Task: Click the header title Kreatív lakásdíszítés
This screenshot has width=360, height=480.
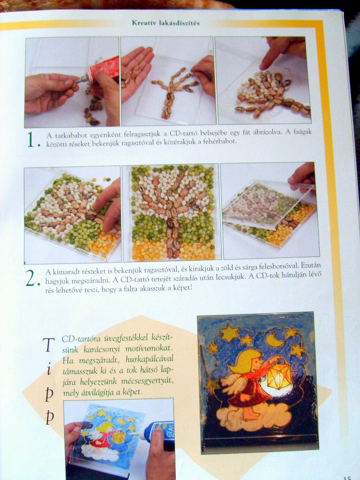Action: [x=165, y=22]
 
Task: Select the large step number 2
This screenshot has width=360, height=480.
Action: [x=32, y=278]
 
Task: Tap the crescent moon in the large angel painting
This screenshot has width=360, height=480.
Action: [x=274, y=340]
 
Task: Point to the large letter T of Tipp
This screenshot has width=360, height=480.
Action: [x=48, y=345]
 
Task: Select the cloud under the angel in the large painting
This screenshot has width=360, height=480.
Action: [x=254, y=417]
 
